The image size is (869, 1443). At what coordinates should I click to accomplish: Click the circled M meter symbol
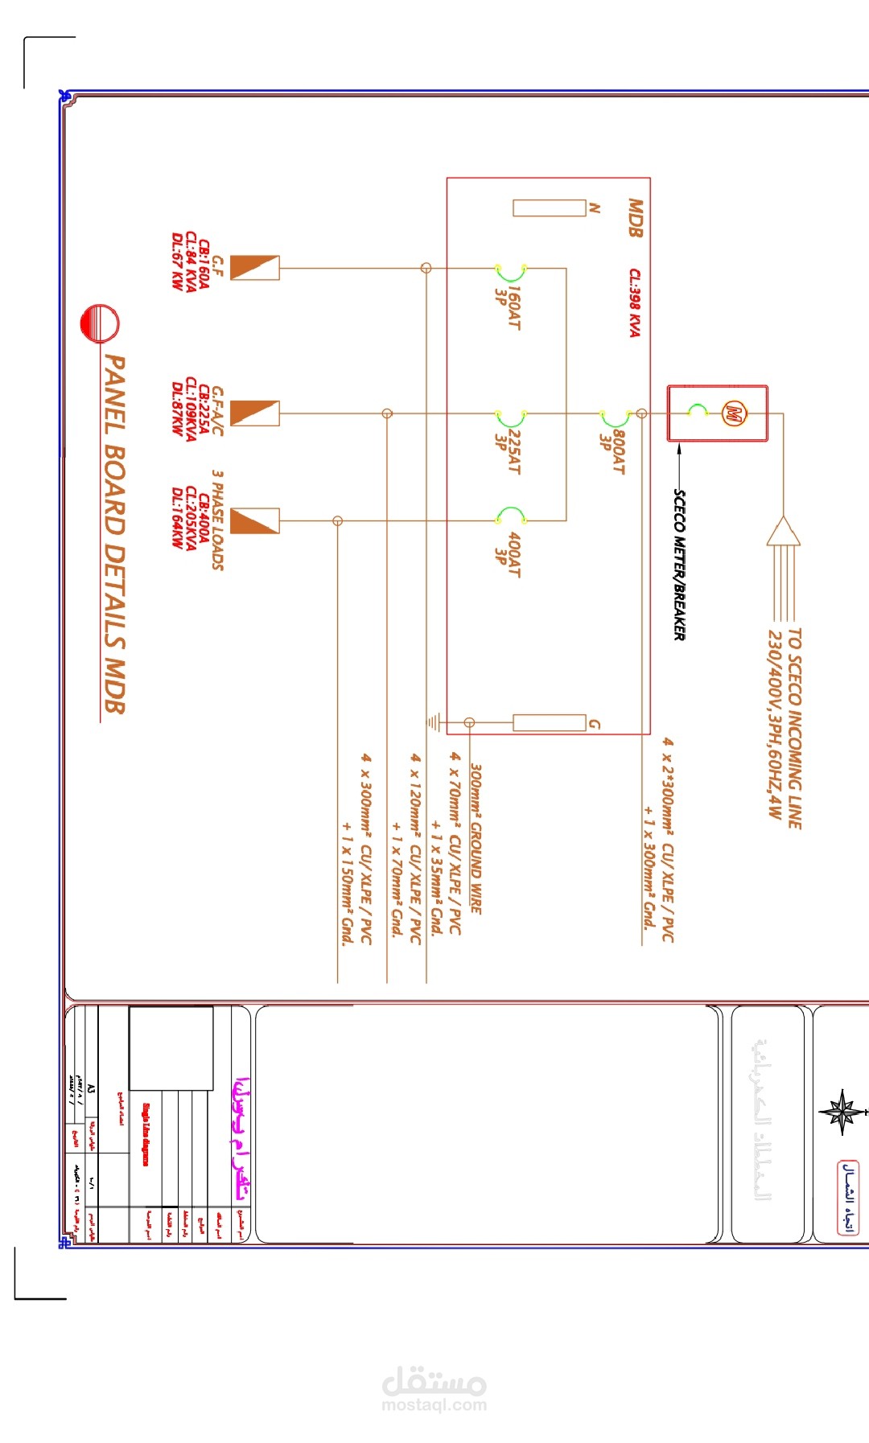coord(732,413)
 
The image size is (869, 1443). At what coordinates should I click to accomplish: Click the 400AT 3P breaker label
coord(508,554)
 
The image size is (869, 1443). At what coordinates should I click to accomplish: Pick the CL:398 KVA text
coord(635,302)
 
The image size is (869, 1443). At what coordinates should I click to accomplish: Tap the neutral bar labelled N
coord(550,208)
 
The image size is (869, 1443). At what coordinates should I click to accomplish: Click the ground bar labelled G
coord(550,722)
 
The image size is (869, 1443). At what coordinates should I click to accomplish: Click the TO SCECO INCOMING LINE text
coord(793,728)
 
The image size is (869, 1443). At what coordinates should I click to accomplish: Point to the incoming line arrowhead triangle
coord(783,532)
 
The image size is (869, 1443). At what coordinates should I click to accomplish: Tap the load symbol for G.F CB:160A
coord(255,268)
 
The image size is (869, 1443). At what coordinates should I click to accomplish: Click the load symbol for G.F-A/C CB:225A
coord(255,413)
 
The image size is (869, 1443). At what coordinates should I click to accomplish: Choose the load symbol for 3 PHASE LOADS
coord(255,521)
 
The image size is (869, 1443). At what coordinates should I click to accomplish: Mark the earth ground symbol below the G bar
coord(434,722)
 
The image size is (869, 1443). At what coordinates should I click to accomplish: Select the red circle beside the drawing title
coord(100,324)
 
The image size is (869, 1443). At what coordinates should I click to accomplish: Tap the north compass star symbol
coord(842,1112)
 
